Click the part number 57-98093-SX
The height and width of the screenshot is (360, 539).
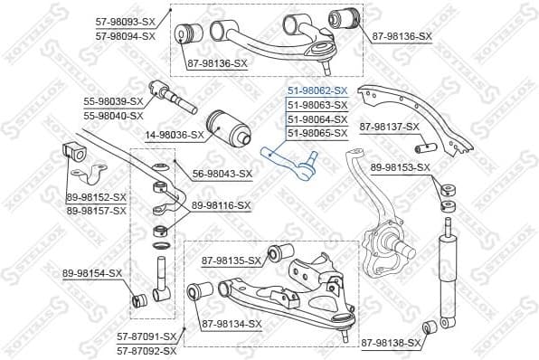click(x=125, y=24)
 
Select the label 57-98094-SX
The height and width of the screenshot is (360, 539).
click(x=125, y=36)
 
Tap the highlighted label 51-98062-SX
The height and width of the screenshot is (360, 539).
click(x=317, y=91)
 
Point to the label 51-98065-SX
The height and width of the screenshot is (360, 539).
click(x=317, y=133)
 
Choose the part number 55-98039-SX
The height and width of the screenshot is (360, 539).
click(x=113, y=103)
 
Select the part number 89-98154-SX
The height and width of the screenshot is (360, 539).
click(x=92, y=272)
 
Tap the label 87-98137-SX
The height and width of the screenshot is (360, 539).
click(x=390, y=127)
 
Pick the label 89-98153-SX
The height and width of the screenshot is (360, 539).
click(x=401, y=167)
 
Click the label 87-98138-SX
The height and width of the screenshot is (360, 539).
click(x=392, y=343)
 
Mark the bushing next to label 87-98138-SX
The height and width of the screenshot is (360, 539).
click(x=431, y=326)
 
